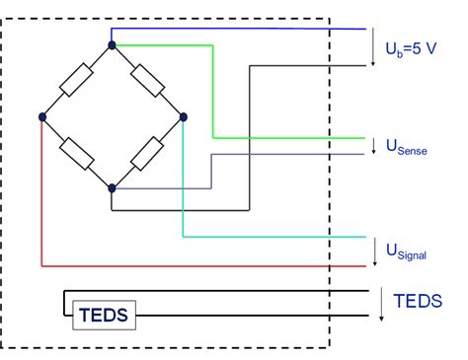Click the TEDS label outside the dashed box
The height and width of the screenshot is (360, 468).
(x=417, y=301)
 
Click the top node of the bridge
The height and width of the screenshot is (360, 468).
(x=112, y=44)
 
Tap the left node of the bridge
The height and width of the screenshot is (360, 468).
(x=41, y=116)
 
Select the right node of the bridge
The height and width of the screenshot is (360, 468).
(x=183, y=116)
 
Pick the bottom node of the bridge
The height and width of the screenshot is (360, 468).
(x=112, y=187)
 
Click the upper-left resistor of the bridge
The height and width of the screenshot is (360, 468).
(x=76, y=81)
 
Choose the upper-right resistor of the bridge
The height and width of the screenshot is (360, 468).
(x=147, y=80)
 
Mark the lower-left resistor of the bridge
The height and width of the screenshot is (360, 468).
(x=76, y=153)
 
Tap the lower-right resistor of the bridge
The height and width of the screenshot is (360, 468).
(x=147, y=153)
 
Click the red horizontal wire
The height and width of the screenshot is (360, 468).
(x=197, y=265)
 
